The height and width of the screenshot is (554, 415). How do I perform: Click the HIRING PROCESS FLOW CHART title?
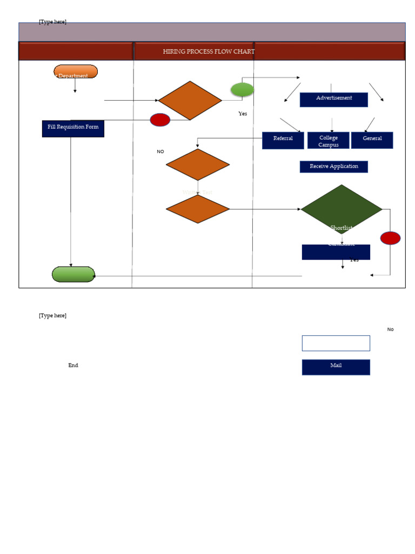(x=209, y=51)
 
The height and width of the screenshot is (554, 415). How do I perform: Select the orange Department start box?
(x=76, y=72)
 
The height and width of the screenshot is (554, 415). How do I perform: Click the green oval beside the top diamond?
(x=242, y=90)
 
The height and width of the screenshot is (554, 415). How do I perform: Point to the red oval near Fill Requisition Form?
(x=160, y=120)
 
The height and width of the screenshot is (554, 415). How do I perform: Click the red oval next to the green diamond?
(x=390, y=238)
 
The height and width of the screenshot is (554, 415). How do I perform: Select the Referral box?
(x=283, y=140)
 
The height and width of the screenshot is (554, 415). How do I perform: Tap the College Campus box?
(x=328, y=141)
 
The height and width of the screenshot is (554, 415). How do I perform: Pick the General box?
(x=372, y=140)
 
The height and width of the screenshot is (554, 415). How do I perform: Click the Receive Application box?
(x=333, y=167)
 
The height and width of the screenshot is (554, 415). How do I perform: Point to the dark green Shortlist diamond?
(x=342, y=209)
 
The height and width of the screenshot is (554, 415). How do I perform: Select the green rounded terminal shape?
(x=73, y=274)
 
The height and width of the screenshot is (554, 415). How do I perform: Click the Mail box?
(x=336, y=367)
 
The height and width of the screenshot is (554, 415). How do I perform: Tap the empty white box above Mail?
(x=336, y=343)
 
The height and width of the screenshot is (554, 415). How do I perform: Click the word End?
(x=73, y=365)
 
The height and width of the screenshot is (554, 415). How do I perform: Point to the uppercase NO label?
(x=160, y=151)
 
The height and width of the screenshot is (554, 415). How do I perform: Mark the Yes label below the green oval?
(x=243, y=114)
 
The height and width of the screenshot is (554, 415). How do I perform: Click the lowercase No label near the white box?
(x=390, y=329)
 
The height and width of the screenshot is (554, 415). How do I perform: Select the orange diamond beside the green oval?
(x=190, y=101)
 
